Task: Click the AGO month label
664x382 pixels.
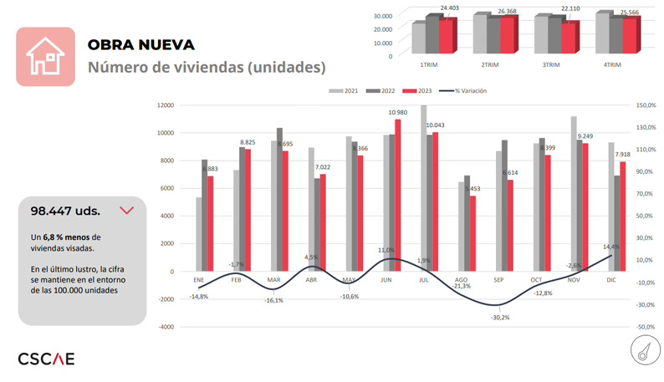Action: [x=461, y=279]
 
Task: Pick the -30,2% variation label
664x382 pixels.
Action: [x=500, y=317]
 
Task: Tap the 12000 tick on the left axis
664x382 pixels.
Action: [x=166, y=105]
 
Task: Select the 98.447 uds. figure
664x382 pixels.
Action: [x=66, y=211]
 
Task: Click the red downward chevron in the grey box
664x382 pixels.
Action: [x=127, y=211]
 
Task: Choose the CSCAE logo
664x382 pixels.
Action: [x=46, y=359]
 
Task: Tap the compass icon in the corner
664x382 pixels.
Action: [x=641, y=353]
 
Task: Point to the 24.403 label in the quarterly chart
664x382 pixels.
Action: [x=449, y=8]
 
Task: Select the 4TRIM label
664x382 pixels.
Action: [x=611, y=64]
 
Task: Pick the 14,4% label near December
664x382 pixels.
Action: [x=611, y=247]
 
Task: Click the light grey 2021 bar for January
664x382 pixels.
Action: [x=199, y=234]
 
